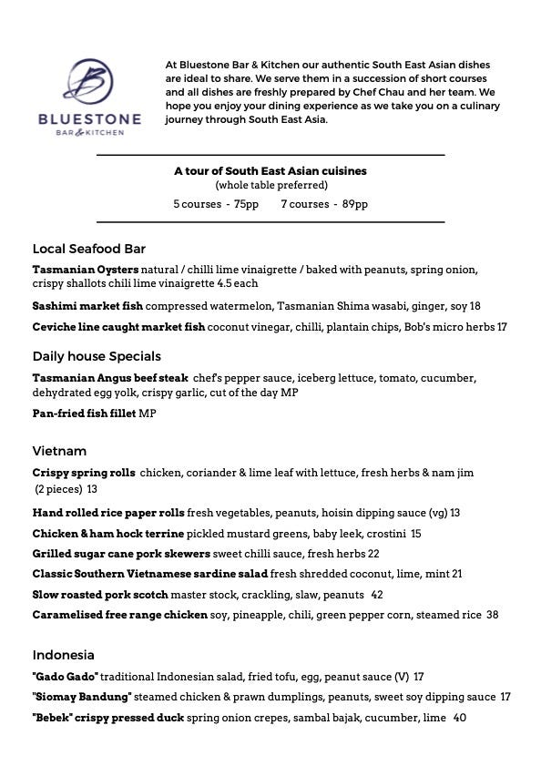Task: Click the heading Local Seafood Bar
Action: (89, 249)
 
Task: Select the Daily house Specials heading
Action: (97, 356)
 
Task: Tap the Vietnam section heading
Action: (59, 451)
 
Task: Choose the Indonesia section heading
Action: (64, 655)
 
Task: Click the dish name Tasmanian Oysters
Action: (86, 270)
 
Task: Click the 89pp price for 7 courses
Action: (355, 204)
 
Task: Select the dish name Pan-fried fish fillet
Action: (84, 414)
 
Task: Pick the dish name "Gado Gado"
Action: (66, 677)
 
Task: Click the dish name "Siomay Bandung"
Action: (82, 697)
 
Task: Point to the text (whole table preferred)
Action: (270, 186)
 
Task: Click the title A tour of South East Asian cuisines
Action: (270, 170)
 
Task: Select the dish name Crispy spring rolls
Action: (84, 473)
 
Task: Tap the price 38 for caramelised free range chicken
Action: (492, 615)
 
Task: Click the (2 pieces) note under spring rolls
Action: (57, 489)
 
